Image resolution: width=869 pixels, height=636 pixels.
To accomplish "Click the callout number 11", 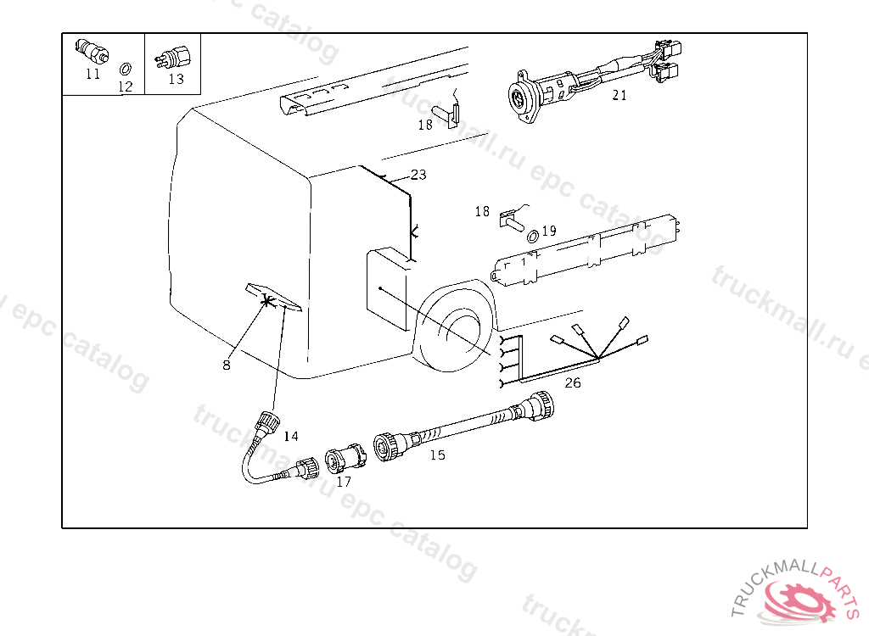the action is click(93, 74).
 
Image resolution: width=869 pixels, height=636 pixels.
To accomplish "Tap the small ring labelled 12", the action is click(125, 68).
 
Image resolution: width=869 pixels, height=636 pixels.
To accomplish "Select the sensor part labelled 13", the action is click(175, 58).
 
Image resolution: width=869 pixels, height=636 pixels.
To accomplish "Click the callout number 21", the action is click(620, 95).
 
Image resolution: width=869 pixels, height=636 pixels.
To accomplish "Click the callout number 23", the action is click(418, 175).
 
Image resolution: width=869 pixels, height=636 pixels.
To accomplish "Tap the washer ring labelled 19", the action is click(532, 235).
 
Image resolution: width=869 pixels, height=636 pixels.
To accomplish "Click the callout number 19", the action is click(548, 230).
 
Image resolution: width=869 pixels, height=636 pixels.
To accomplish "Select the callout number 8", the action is click(227, 365).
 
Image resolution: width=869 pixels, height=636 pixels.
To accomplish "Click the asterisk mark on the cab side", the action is click(269, 300).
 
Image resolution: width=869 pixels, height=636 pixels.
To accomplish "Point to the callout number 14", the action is click(291, 437).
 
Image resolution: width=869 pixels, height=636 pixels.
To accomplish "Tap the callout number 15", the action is click(437, 455).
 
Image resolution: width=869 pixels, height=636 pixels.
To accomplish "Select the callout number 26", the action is click(573, 382).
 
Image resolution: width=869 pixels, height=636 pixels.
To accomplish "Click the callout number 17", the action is click(344, 482).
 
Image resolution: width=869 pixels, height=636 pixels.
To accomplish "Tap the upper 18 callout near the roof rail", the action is click(425, 125).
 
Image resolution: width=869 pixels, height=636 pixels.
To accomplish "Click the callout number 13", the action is click(176, 79).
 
